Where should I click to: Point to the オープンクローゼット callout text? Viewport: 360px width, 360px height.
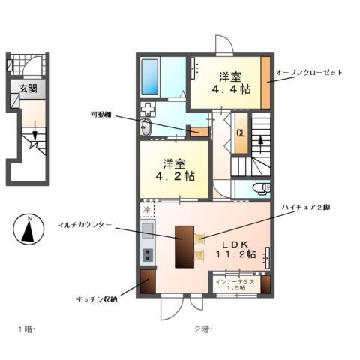[x=308, y=73]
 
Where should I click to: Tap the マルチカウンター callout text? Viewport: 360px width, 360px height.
[x=84, y=224]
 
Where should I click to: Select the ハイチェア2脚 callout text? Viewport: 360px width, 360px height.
[x=306, y=208]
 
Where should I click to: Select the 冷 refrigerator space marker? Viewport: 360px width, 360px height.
[x=148, y=209]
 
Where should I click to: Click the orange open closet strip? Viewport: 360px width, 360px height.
[x=265, y=82]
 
